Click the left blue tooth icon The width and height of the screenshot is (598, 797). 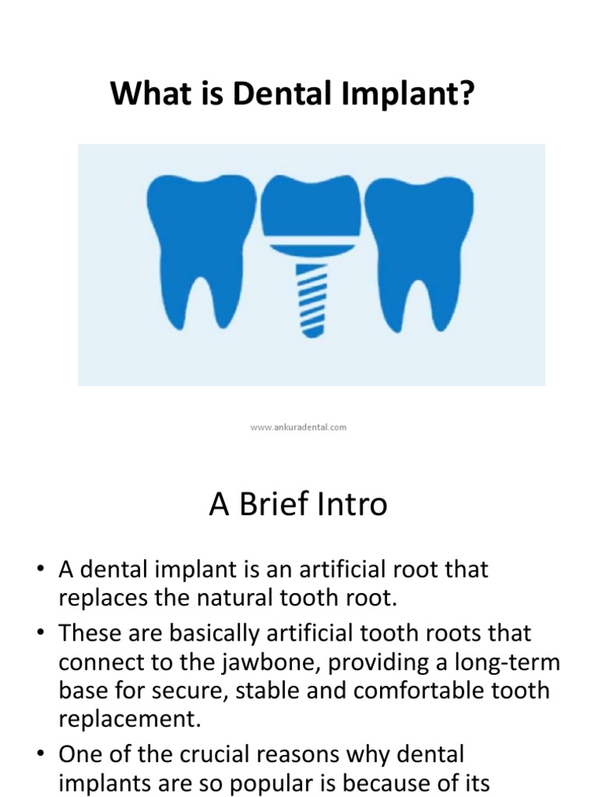coord(190,233)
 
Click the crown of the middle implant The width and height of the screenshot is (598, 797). coord(310,206)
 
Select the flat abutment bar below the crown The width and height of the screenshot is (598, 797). coord(311,249)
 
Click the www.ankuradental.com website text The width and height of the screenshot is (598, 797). coord(299,427)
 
